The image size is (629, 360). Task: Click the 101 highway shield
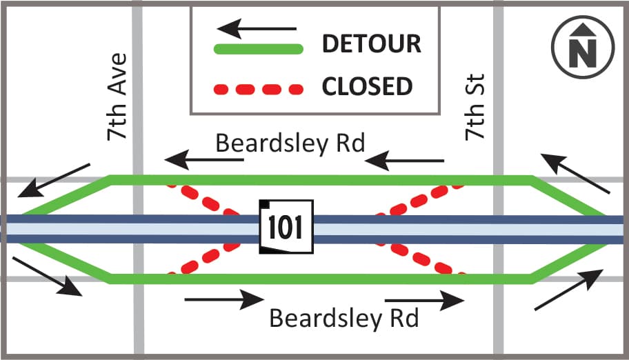coord(286,227)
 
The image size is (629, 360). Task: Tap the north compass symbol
coord(583,47)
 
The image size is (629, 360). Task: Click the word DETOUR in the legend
coord(372,43)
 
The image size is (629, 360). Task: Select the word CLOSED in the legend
coord(367,86)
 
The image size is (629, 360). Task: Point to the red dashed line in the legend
coord(259,89)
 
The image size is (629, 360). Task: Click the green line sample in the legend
coord(259,49)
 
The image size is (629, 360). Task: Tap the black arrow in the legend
coord(257,28)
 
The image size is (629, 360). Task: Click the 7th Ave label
coord(117,97)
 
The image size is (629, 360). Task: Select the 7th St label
coord(475,107)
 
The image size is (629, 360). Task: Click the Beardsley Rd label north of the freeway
coord(290,143)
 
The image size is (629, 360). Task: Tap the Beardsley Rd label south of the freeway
coord(344,318)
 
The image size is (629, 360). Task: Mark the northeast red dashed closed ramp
coord(420,200)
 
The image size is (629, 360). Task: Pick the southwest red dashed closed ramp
coord(205,258)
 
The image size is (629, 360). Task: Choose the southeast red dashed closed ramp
coord(421,259)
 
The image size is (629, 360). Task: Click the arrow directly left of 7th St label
coord(404,161)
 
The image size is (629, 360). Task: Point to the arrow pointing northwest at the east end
coord(575,173)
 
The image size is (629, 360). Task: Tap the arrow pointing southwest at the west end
coord(54,180)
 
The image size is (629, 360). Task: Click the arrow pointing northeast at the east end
coord(569,290)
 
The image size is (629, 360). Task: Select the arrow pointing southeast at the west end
coord(48,277)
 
